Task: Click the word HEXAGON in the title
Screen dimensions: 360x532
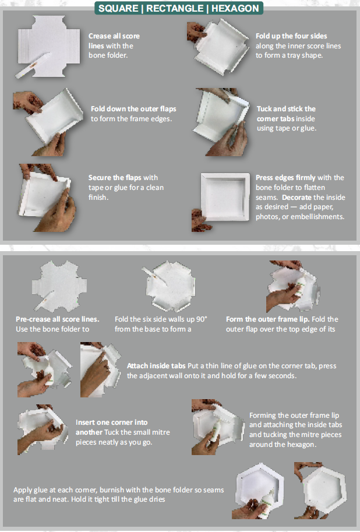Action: [x=235, y=8]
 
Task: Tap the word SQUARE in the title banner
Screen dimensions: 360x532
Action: [x=118, y=8]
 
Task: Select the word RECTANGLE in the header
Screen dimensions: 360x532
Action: [x=175, y=8]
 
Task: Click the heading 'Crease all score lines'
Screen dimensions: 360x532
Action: [x=114, y=41]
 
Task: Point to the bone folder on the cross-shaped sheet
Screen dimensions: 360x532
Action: [x=33, y=65]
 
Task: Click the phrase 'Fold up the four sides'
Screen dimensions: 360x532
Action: [x=291, y=36]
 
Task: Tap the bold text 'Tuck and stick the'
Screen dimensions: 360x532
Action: [x=286, y=109]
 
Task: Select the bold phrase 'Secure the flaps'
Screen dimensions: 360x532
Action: [x=115, y=178]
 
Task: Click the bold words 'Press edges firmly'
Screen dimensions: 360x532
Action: [x=285, y=178]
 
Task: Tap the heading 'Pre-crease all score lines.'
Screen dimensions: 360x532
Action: [x=57, y=319]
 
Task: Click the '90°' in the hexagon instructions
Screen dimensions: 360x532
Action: [x=202, y=319]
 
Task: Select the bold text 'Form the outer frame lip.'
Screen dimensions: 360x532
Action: [x=268, y=319]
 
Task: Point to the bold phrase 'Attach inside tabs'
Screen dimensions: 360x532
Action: [x=156, y=366]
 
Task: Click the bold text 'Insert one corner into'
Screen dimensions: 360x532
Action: [x=112, y=422]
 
